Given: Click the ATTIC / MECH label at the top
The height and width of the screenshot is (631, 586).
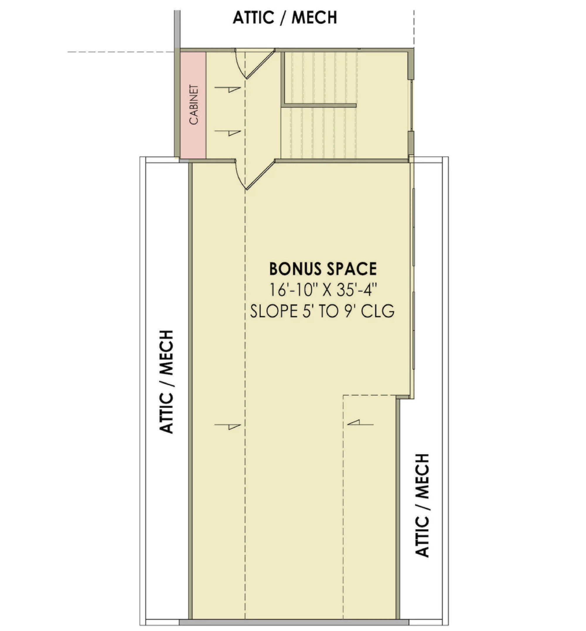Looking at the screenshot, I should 285,18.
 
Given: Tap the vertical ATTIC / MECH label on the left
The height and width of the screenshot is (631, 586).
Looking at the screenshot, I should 166,382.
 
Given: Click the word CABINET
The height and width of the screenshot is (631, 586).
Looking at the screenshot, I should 194,104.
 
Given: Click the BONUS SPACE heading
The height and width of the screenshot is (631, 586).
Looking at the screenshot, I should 323,269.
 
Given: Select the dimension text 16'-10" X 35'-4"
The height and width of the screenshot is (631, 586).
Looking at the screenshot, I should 323,290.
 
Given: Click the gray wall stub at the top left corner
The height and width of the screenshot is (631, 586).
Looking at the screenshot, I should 177,30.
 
